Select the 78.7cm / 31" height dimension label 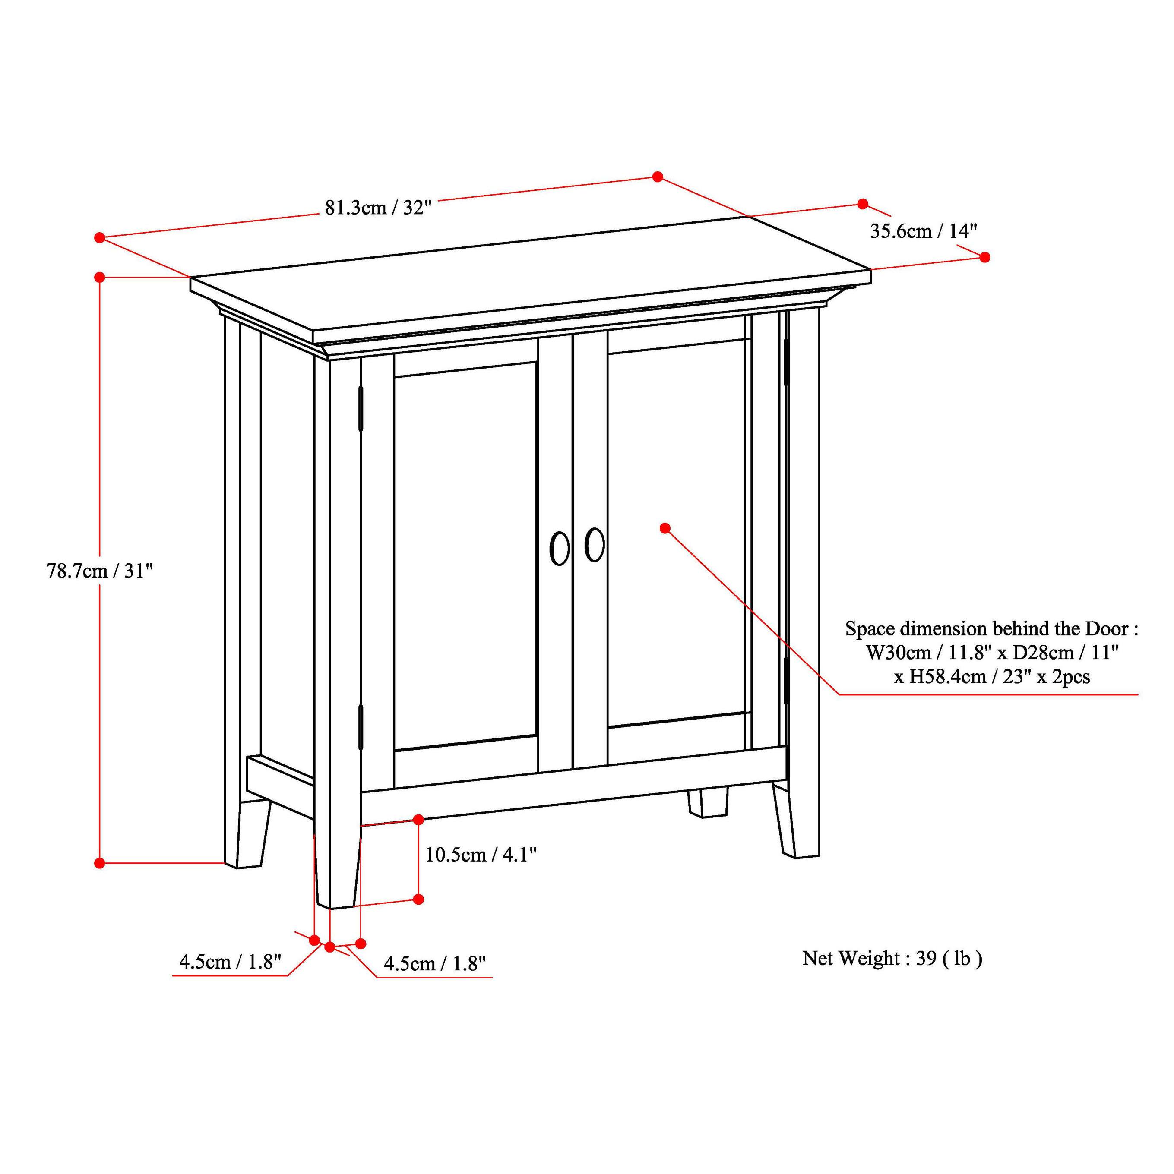(x=100, y=571)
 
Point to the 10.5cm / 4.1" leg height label (x=480, y=855)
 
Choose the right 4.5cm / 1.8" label (x=435, y=964)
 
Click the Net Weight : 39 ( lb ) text (x=892, y=958)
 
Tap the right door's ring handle (x=594, y=544)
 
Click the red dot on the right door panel (x=665, y=528)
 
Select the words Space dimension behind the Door (x=991, y=628)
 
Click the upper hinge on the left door (x=361, y=408)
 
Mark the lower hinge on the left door (x=361, y=727)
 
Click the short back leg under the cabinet (x=708, y=802)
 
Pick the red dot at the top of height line (x=100, y=277)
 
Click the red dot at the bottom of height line (x=100, y=863)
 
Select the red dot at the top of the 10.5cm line (x=418, y=820)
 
